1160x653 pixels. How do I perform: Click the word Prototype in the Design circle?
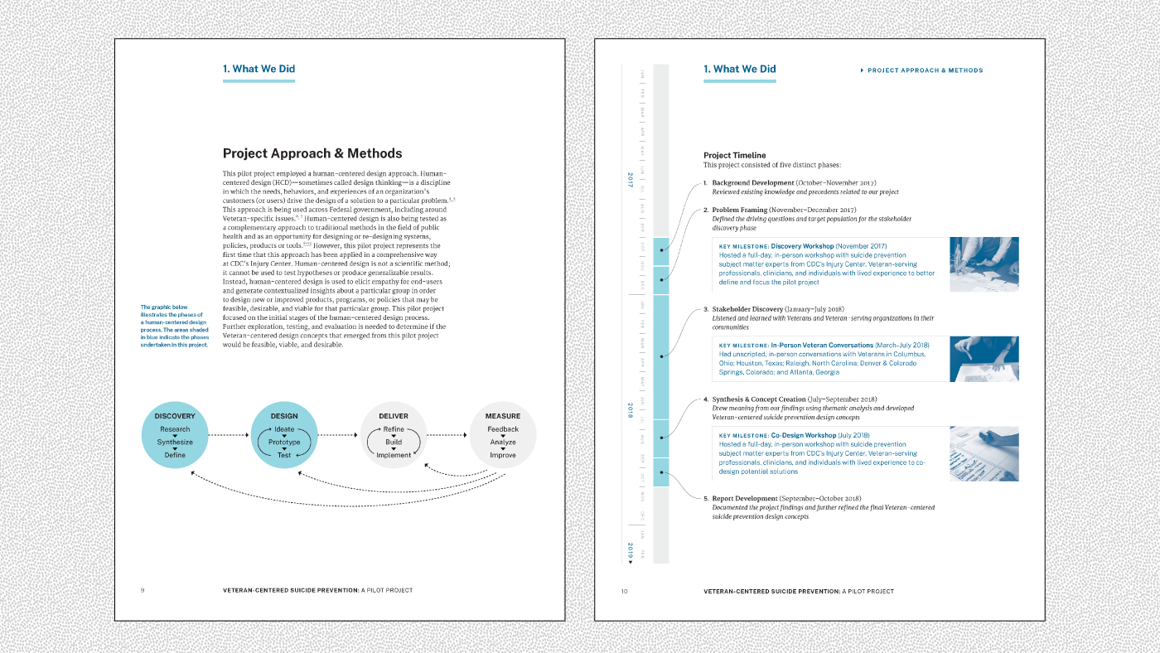pyautogui.click(x=284, y=443)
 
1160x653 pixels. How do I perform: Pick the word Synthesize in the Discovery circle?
pyautogui.click(x=175, y=443)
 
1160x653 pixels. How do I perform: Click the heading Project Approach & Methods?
pyautogui.click(x=312, y=153)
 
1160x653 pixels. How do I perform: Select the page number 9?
pyautogui.click(x=143, y=591)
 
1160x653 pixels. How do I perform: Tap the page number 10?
pyautogui.click(x=624, y=591)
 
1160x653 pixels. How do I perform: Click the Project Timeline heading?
pyautogui.click(x=735, y=155)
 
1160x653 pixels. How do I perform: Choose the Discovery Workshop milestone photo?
pyautogui.click(x=984, y=264)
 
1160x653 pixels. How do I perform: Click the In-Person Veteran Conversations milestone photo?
pyautogui.click(x=984, y=359)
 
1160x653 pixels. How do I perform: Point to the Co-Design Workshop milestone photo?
pyautogui.click(x=984, y=454)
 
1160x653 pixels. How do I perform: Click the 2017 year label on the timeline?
pyautogui.click(x=631, y=178)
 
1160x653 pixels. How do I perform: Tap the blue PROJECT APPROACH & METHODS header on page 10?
pyautogui.click(x=925, y=70)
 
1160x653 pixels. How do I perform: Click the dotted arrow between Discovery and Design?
pyautogui.click(x=229, y=435)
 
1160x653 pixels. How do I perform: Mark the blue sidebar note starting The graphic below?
pyautogui.click(x=174, y=326)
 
